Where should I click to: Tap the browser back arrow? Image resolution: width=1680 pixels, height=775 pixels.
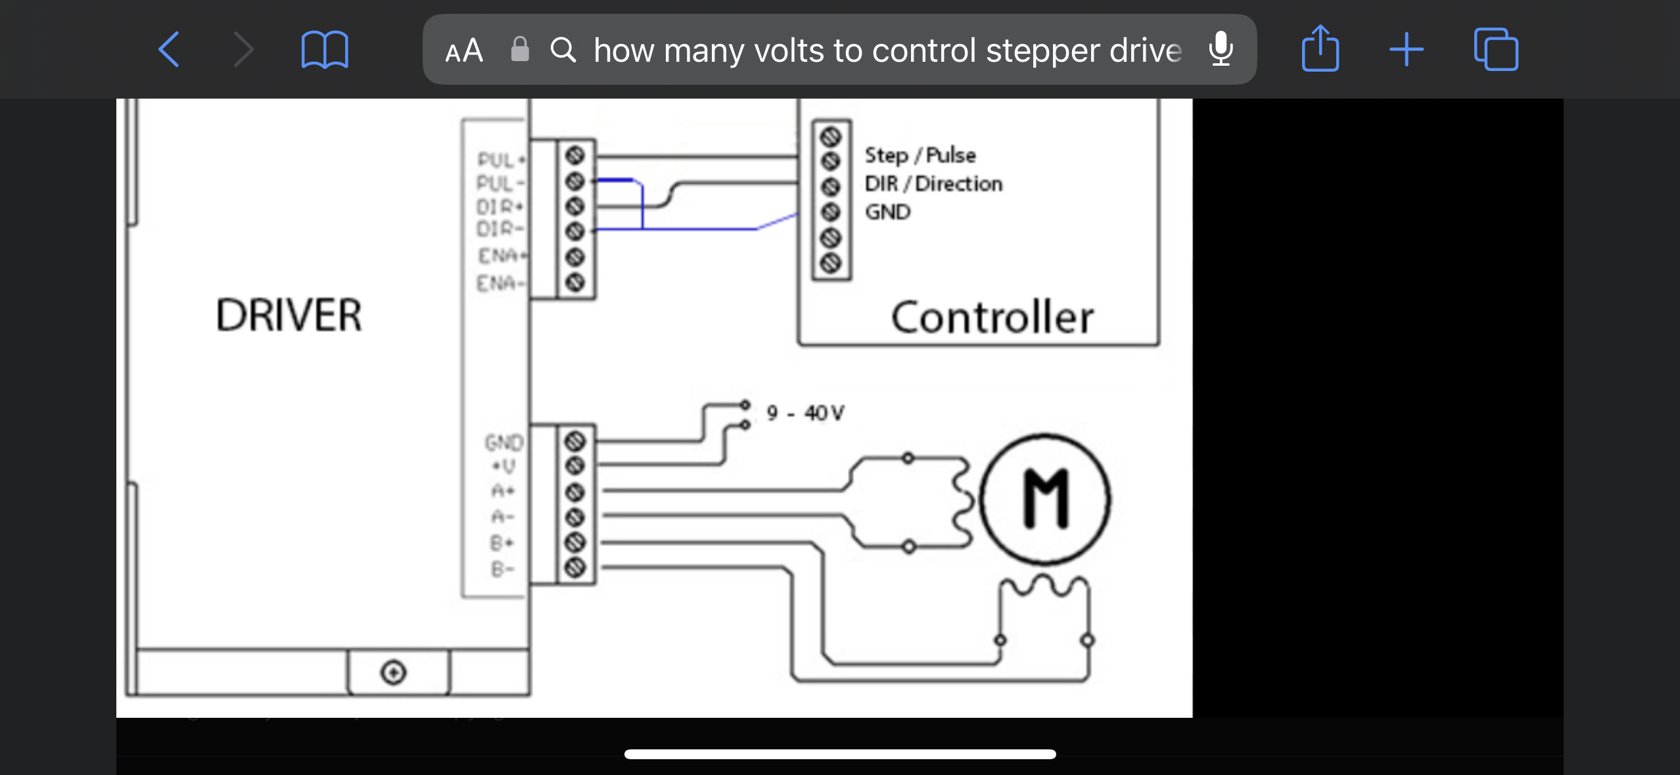(x=169, y=49)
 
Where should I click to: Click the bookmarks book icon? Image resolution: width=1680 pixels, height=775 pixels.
(x=324, y=49)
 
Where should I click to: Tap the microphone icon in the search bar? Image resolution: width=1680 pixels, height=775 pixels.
(x=1221, y=49)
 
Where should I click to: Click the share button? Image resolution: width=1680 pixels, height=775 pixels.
(x=1320, y=48)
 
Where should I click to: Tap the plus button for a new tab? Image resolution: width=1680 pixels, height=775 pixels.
(x=1406, y=49)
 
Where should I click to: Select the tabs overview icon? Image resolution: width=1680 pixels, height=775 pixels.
(x=1495, y=49)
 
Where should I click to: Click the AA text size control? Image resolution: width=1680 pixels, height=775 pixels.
(x=464, y=51)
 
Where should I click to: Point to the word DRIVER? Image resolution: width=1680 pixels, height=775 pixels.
(x=289, y=315)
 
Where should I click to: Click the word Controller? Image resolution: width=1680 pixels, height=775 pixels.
(x=992, y=317)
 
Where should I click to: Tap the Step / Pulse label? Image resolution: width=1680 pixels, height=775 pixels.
(x=920, y=155)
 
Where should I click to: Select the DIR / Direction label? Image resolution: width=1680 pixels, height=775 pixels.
(x=933, y=183)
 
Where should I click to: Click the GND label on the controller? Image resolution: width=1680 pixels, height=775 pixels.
(x=887, y=212)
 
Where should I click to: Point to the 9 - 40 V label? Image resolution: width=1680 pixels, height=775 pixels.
(x=805, y=413)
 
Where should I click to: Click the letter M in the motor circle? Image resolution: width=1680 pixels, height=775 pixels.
(x=1046, y=499)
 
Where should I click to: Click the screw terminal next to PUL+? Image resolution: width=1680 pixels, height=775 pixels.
(x=575, y=156)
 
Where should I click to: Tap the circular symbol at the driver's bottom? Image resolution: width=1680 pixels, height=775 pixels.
(x=394, y=672)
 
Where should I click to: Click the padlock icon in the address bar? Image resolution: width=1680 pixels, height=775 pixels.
(x=520, y=49)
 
